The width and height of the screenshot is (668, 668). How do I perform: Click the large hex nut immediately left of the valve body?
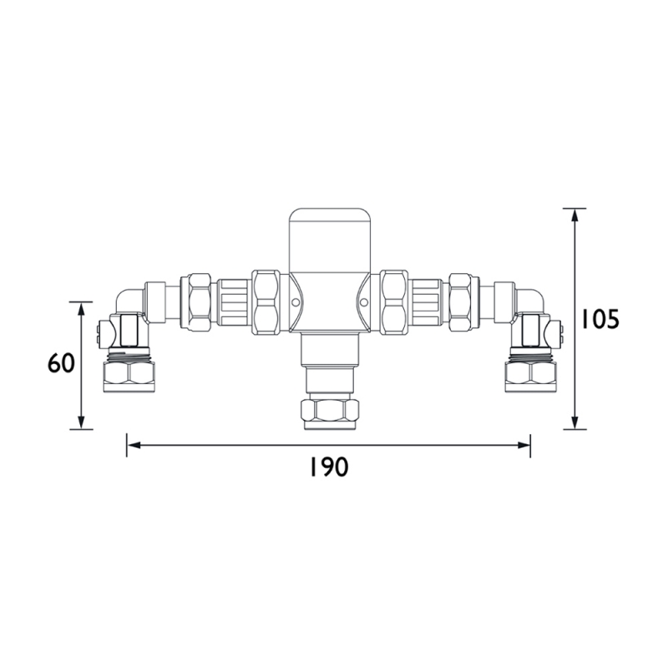tap(266, 301)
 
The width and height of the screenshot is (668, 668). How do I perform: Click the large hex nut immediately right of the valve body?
tap(393, 301)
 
